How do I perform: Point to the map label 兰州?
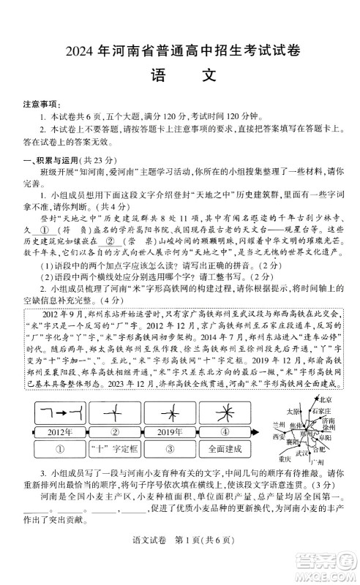(279, 424)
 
